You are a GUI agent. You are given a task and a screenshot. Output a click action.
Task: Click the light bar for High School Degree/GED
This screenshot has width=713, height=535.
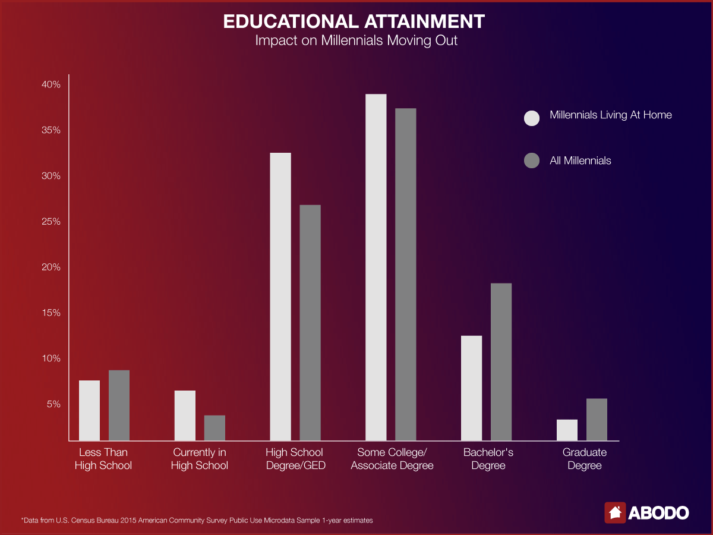point(280,297)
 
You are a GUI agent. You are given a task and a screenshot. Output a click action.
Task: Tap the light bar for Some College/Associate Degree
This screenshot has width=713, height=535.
point(376,267)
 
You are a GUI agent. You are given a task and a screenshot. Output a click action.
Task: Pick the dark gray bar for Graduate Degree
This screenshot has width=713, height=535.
point(597,419)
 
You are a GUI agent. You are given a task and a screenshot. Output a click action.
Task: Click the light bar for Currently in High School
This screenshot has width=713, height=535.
point(185,416)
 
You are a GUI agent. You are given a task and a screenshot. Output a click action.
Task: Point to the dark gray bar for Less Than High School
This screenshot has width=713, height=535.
point(119,405)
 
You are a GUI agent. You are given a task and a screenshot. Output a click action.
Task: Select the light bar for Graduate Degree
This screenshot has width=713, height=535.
point(567,430)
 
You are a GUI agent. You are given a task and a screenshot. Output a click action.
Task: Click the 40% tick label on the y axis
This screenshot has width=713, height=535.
point(51,85)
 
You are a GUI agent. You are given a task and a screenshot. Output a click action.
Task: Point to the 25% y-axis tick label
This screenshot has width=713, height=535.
point(51,222)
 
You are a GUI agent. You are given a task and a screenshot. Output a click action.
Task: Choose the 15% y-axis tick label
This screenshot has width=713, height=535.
point(51,313)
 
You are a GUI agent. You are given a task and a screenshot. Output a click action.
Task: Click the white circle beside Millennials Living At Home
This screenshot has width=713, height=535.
point(532,118)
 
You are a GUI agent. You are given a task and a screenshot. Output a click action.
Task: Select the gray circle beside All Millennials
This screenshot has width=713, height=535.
point(532,160)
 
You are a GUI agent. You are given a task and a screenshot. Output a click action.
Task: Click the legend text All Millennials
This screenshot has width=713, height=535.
point(581,160)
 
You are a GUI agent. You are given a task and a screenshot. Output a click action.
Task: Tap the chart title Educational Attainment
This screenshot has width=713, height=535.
point(354,22)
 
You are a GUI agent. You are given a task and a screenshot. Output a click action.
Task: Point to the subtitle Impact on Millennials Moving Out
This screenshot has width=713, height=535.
point(356,42)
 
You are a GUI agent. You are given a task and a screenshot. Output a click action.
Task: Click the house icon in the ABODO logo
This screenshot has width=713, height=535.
point(615,512)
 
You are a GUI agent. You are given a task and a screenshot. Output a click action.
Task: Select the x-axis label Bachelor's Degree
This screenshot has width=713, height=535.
point(488,459)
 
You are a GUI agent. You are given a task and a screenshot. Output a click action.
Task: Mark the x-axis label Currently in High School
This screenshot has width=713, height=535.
point(199,459)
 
